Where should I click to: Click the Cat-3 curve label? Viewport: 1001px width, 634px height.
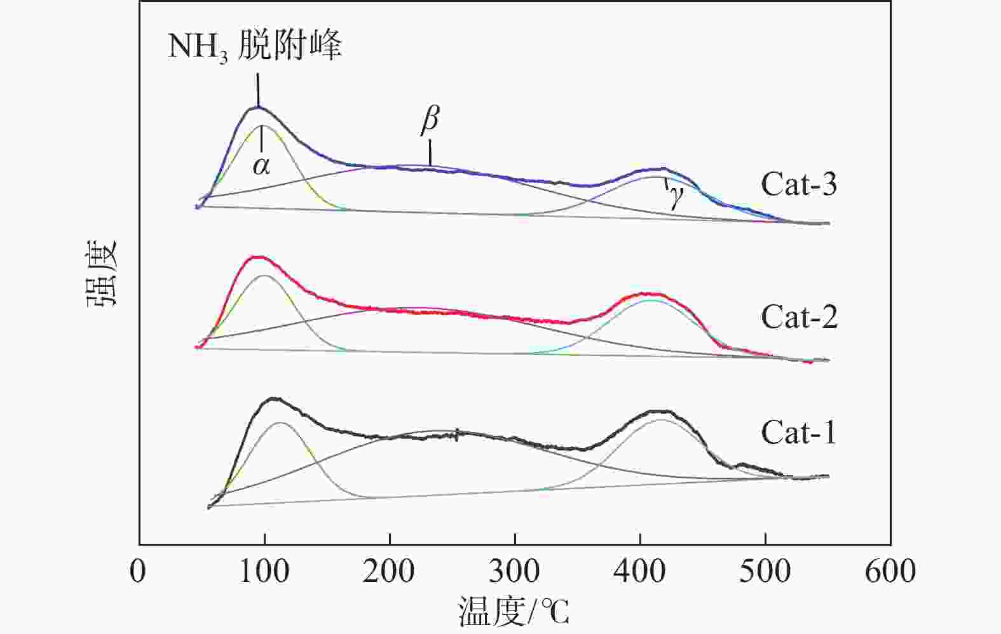[x=798, y=184]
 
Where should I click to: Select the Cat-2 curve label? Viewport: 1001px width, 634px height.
[x=799, y=316]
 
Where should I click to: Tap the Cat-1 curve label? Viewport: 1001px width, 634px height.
[x=798, y=433]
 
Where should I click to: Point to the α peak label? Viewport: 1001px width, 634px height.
[x=261, y=166]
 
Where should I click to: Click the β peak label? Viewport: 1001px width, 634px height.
[x=430, y=120]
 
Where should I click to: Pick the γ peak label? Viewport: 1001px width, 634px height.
[x=676, y=198]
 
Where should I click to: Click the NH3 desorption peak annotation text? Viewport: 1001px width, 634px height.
[x=254, y=46]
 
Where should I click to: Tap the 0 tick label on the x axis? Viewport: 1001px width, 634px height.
[x=138, y=571]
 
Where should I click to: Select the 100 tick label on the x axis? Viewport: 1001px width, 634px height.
[x=264, y=571]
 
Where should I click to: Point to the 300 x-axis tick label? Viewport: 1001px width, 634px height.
[x=514, y=571]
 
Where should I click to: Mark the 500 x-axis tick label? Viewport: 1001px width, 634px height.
[x=765, y=571]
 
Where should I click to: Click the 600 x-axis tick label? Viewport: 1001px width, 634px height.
[x=890, y=571]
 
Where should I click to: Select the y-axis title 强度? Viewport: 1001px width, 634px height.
[x=102, y=272]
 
